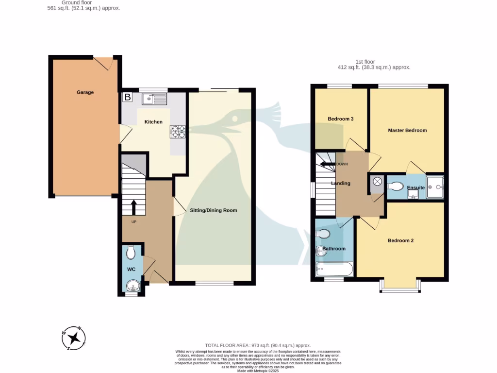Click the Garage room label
coord(85,92)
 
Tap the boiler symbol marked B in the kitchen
coord(128,97)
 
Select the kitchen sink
coord(154,99)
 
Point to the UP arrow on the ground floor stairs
coord(134,207)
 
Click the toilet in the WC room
coord(131,253)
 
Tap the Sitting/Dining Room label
coord(214,210)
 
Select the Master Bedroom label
coord(407,130)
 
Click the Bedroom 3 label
coord(340,119)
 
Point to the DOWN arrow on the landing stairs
coord(328,164)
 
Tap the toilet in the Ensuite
coord(396,186)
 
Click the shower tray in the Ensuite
coord(434,186)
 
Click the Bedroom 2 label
coord(400,240)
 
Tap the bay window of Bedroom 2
coord(400,289)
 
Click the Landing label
coord(341,184)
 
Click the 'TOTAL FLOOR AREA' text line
coord(258,345)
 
